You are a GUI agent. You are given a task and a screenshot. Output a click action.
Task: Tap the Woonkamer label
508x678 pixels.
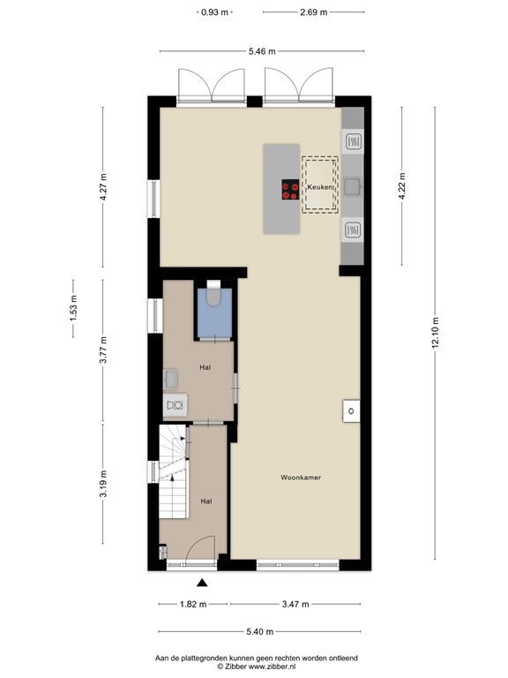(300, 478)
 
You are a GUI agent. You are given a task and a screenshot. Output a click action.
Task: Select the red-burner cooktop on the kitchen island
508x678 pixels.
(289, 189)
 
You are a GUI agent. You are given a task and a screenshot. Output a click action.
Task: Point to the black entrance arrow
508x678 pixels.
(202, 582)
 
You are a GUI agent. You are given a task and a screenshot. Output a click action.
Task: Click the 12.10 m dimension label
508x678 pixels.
(433, 333)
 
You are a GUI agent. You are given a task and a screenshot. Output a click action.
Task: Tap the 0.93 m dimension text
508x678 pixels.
(213, 13)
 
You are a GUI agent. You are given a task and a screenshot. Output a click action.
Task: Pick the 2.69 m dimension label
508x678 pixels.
(313, 13)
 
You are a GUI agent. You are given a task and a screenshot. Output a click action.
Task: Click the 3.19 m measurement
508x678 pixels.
(103, 486)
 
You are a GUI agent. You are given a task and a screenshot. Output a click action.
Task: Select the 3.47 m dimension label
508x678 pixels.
(295, 605)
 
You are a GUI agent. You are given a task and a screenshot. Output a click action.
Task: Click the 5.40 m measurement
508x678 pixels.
(258, 631)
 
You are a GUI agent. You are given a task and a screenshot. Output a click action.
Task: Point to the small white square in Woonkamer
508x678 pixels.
(351, 411)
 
